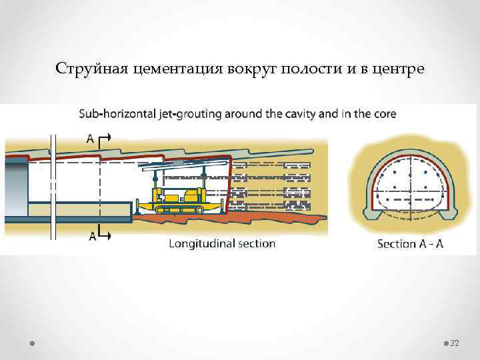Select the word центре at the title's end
pyautogui.click(x=395, y=69)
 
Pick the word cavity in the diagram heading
pyautogui.click(x=299, y=114)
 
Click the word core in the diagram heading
pyautogui.click(x=383, y=114)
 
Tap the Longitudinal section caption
pyautogui.click(x=222, y=243)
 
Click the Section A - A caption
pyautogui.click(x=410, y=243)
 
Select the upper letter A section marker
pyautogui.click(x=90, y=139)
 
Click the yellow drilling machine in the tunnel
pyautogui.click(x=176, y=198)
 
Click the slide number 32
pyautogui.click(x=455, y=343)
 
